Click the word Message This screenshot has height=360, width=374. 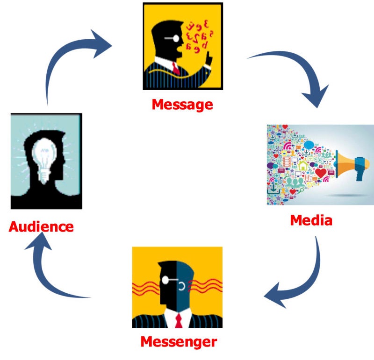point(182,105)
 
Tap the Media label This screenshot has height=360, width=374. point(311,220)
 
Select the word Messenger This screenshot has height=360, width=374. point(179,342)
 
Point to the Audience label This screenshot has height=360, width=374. point(41,226)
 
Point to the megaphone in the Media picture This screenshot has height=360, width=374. point(352,164)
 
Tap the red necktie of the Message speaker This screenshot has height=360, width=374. point(176,68)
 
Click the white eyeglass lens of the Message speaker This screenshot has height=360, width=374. point(176,38)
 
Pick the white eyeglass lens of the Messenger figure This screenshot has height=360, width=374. point(165,280)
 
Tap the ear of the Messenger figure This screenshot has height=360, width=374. point(182,286)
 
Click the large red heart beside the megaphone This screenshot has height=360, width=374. point(321,173)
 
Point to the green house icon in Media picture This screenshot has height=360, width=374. point(303,165)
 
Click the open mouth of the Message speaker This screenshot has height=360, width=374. point(180,49)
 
